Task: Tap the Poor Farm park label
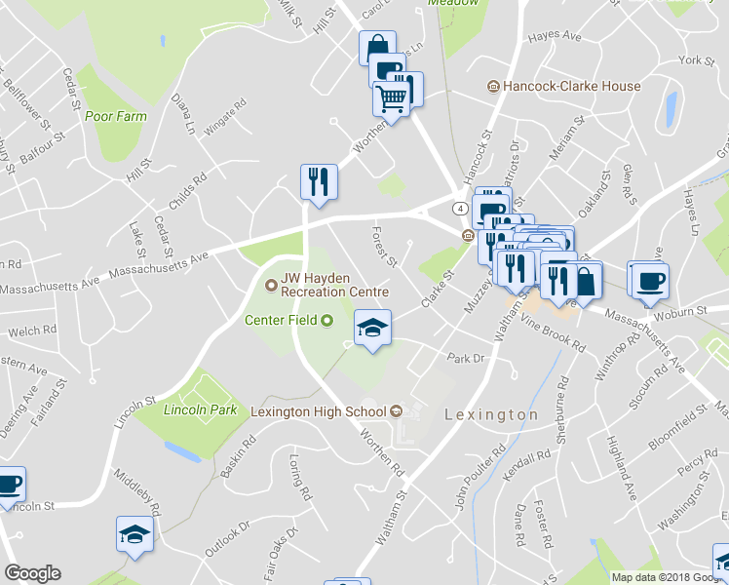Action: pyautogui.click(x=114, y=116)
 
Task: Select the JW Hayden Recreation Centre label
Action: pyautogui.click(x=334, y=284)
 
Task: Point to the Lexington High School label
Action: pyautogui.click(x=320, y=411)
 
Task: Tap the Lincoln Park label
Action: pyautogui.click(x=201, y=410)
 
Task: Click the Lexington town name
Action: pyautogui.click(x=491, y=414)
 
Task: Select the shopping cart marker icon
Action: pyautogui.click(x=391, y=98)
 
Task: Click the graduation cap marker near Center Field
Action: pyautogui.click(x=371, y=329)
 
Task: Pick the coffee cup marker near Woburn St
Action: pyautogui.click(x=649, y=280)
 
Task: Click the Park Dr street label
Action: pyautogui.click(x=465, y=358)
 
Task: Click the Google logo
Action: pyautogui.click(x=32, y=573)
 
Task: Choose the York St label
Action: pyautogui.click(x=697, y=60)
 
